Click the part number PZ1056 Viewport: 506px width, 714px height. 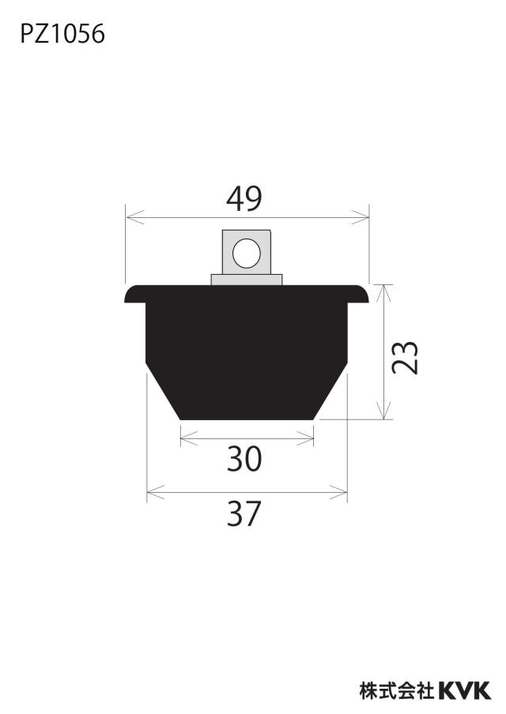pyautogui.click(x=62, y=34)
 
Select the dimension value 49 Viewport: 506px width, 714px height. pyautogui.click(x=244, y=199)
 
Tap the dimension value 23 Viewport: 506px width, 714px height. pyautogui.click(x=405, y=358)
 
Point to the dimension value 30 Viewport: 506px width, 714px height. pyautogui.click(x=245, y=459)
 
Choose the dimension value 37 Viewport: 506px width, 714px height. pyautogui.click(x=244, y=513)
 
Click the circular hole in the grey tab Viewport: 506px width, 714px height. pyautogui.click(x=246, y=254)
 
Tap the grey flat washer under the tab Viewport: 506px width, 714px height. pyautogui.click(x=247, y=280)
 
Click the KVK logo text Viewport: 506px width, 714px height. pyautogui.click(x=465, y=691)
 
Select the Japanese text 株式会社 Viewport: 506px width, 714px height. pyautogui.click(x=397, y=691)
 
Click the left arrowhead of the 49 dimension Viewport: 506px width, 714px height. pyautogui.click(x=134, y=217)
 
